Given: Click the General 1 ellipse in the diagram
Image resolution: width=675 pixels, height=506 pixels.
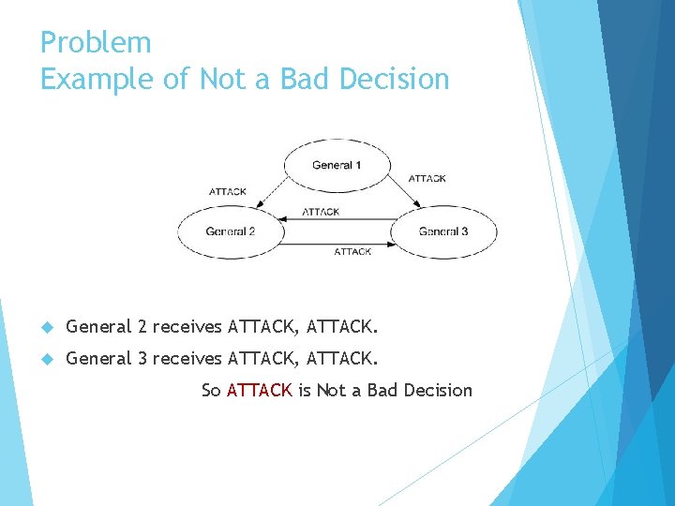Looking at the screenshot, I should click(x=336, y=166).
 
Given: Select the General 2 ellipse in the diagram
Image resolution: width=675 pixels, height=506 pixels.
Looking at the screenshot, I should click(x=231, y=231).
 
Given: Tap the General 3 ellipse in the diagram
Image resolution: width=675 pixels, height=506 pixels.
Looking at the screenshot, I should click(x=443, y=231).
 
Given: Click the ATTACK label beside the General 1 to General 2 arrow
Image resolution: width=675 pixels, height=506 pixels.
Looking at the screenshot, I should click(x=227, y=191).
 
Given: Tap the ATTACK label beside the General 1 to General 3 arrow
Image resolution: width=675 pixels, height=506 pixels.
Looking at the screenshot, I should click(x=427, y=178).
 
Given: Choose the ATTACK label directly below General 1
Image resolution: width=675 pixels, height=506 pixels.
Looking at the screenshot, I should click(x=321, y=212).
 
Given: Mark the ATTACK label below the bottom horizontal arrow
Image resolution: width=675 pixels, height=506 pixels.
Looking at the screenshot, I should click(x=352, y=252).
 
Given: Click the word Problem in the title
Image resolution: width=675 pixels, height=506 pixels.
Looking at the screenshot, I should click(x=96, y=43).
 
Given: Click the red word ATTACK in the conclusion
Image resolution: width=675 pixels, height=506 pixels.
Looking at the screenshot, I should click(x=260, y=390).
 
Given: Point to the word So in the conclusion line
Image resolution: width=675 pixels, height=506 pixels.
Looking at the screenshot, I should click(x=211, y=390).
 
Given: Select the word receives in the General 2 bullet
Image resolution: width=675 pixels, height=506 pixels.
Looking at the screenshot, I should click(x=187, y=327).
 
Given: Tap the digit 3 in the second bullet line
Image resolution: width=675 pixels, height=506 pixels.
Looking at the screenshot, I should click(x=142, y=358).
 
